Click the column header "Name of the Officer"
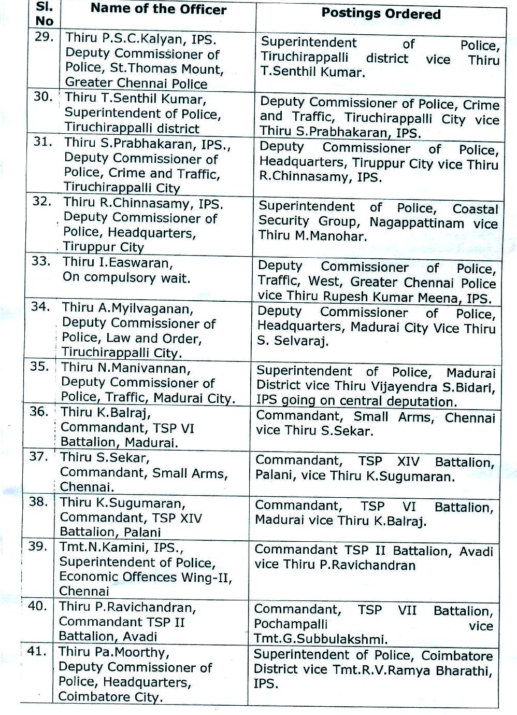pos(159,10)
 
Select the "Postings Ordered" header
pos(381,14)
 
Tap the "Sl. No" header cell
pos(45,15)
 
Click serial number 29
pos(44,38)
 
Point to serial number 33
pos(41,261)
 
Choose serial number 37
pos(39,457)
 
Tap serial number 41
pos(37,651)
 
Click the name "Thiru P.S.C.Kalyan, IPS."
pos(141,38)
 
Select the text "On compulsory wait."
pos(126,277)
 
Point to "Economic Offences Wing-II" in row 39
pos(146,577)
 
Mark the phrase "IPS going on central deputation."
pos(356,401)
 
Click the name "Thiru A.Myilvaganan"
pos(127,309)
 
